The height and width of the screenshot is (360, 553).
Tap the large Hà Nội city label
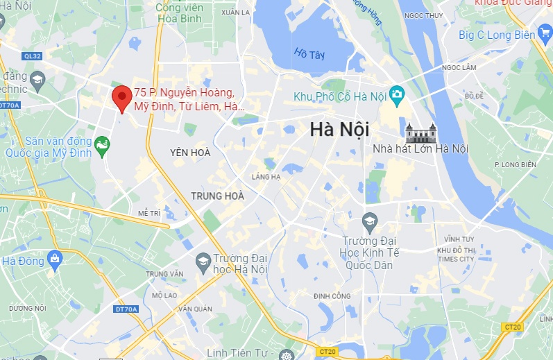(x=339, y=130)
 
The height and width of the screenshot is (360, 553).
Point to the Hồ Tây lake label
(x=309, y=53)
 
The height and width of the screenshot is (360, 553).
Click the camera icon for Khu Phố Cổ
(x=397, y=94)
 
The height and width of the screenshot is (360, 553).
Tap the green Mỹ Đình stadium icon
(x=103, y=145)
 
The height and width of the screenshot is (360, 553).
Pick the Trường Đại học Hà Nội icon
(x=203, y=261)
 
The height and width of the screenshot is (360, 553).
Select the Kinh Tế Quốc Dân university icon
(x=369, y=223)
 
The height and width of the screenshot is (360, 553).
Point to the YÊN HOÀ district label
(x=190, y=151)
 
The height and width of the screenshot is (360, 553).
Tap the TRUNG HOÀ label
(x=218, y=196)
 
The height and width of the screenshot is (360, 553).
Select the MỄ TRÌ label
(x=149, y=212)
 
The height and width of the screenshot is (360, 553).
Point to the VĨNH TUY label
(x=458, y=238)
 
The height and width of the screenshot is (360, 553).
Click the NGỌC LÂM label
(x=459, y=67)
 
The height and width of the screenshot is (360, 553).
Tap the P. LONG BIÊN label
(x=516, y=164)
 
